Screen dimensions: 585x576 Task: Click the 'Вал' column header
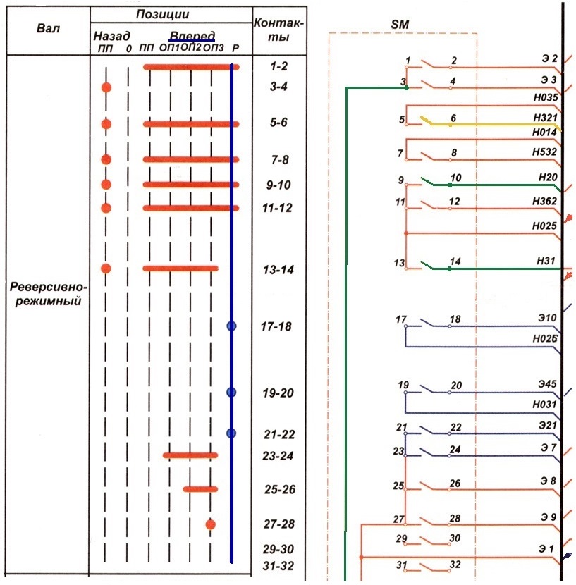coord(47,30)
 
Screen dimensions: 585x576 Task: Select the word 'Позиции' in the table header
coord(172,14)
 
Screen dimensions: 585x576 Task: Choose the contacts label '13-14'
coord(278,270)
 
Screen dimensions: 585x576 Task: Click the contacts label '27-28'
coord(278,524)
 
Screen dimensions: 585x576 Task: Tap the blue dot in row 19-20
coord(231,393)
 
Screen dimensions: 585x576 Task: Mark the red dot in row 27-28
coord(210,524)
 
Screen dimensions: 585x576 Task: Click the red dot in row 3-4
coord(106,87)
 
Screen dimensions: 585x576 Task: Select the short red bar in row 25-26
coord(201,488)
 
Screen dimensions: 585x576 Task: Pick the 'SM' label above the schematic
coord(400,25)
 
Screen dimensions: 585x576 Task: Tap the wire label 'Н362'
coord(545,201)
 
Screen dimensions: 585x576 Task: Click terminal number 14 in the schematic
coord(455,261)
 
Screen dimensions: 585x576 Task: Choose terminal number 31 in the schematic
coord(402,565)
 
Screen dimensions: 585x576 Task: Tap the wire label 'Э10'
coord(546,319)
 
